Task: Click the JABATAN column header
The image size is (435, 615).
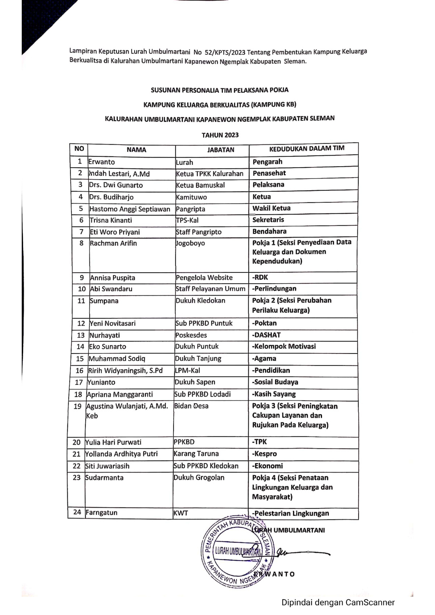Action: [220, 150]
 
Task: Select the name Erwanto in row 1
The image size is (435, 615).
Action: [101, 162]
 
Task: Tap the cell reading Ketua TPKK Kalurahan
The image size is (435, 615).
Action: [210, 173]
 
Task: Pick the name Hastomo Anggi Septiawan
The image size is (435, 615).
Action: [129, 209]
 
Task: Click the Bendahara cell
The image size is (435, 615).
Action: [269, 231]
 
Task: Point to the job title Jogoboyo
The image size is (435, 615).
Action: [190, 243]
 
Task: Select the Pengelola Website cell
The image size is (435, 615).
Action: [204, 277]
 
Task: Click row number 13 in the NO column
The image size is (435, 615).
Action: [80, 335]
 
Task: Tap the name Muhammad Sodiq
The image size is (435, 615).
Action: [117, 359]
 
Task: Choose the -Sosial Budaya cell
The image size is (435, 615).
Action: [275, 382]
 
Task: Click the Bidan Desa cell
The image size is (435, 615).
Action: [191, 406]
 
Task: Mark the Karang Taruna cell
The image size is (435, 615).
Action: [196, 453]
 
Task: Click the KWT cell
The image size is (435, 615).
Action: [181, 513]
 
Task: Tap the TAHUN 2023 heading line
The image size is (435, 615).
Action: [220, 135]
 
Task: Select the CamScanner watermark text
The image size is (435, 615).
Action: [338, 602]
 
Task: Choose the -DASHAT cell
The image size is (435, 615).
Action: [266, 335]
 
